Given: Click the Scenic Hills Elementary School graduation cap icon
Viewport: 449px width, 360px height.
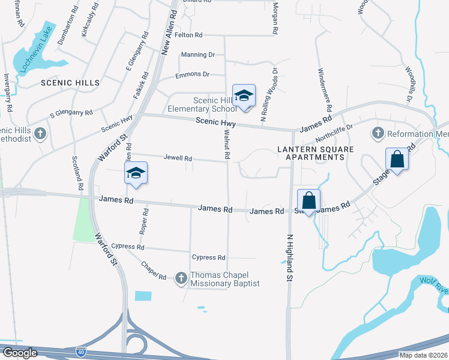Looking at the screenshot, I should [244, 96].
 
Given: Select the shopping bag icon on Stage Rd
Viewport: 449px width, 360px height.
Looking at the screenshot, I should [397, 160].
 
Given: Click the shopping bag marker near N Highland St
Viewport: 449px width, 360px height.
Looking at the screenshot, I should [309, 201].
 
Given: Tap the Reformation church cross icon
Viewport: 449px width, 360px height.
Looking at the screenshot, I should [378, 133].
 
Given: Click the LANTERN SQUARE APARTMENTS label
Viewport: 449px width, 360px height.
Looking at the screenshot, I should [311, 152].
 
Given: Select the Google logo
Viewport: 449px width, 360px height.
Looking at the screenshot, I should [19, 353].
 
